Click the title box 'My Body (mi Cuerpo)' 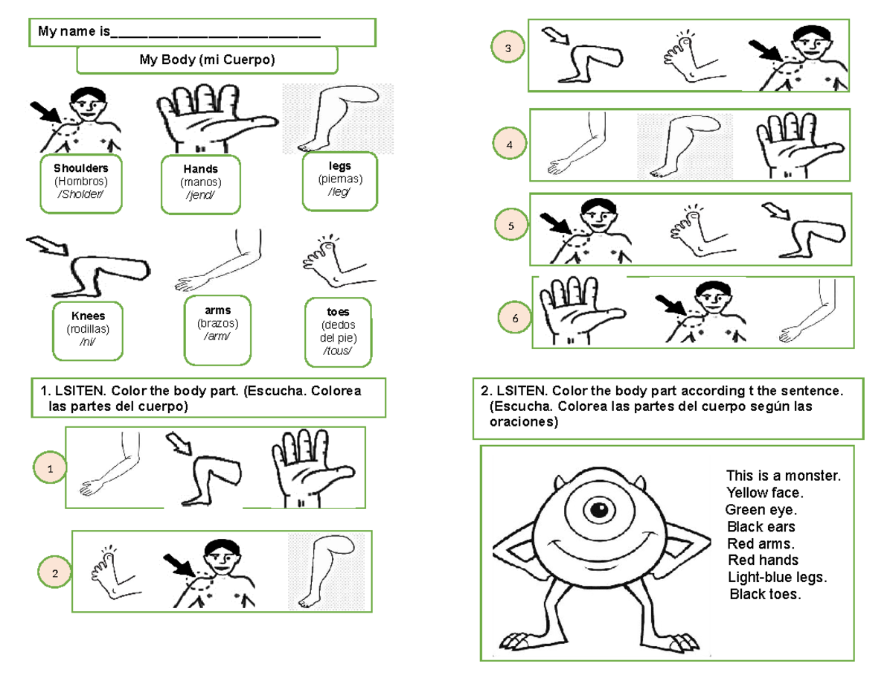[x=207, y=60]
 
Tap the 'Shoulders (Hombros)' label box [x=81, y=183]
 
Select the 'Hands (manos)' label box [x=200, y=184]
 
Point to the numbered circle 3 [x=508, y=49]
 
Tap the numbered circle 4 [x=510, y=143]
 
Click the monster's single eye [x=598, y=511]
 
